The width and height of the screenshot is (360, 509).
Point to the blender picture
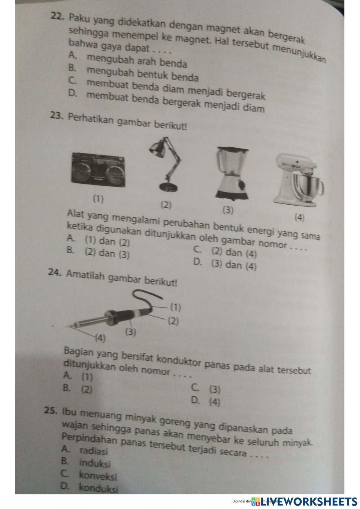[x=231, y=173]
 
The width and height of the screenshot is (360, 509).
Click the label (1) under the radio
[x=98, y=198]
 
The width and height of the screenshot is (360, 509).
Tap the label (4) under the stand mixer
[x=299, y=217]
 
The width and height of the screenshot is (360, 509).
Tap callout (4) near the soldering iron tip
[x=100, y=338]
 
